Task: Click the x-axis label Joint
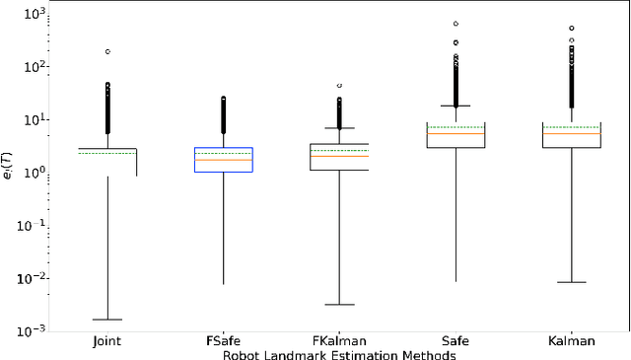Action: coord(107,341)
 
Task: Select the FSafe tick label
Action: coord(224,341)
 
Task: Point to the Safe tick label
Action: coord(456,341)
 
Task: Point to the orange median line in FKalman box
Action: coord(339,156)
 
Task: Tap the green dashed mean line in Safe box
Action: coord(456,127)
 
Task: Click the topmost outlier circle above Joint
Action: coord(107,51)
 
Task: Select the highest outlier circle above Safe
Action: coord(456,23)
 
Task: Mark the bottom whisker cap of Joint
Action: coord(107,320)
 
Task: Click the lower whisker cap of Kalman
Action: coord(572,282)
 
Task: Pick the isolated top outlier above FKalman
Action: coord(339,86)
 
